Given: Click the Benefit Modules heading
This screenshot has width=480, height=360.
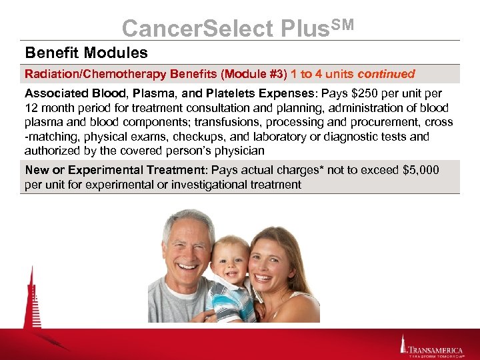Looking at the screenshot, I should coord(87,52).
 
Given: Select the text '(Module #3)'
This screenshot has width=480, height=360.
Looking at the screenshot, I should coord(255,74).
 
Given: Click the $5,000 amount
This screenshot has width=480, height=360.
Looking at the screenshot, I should coord(421,170).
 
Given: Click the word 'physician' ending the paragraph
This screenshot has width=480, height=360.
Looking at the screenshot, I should coord(241,151).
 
